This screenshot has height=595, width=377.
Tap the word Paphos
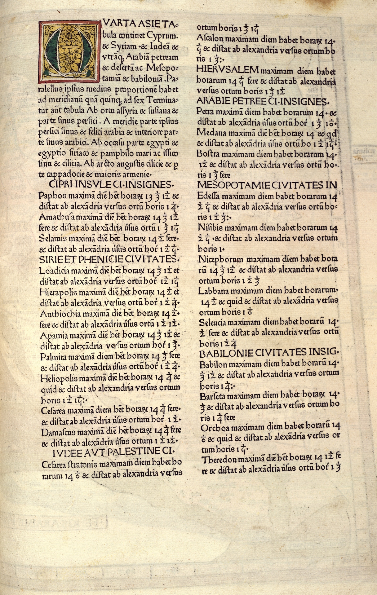50,196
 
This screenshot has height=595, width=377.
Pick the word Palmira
53,356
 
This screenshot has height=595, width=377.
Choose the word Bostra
207,154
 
